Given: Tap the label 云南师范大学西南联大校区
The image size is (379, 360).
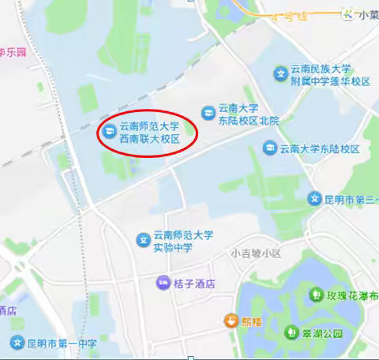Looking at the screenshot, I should (150, 132).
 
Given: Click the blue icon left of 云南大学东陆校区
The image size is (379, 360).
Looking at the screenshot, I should (270, 148).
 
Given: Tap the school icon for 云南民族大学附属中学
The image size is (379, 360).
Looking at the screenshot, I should (279, 74).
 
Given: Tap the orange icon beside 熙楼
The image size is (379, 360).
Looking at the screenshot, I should (230, 320).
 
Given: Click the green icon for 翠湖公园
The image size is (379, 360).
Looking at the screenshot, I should (293, 332).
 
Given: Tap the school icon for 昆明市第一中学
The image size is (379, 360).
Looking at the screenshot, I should (17, 343).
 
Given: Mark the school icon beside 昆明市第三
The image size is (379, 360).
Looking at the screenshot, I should (315, 198).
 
